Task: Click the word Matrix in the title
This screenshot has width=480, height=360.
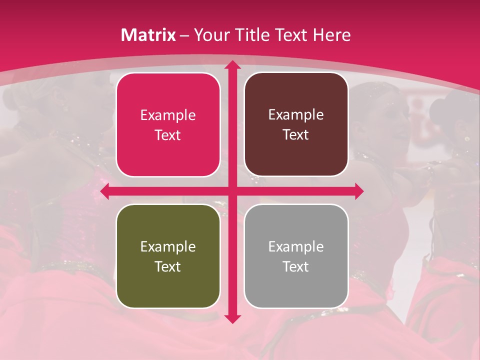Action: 148,35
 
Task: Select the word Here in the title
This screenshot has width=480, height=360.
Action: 331,35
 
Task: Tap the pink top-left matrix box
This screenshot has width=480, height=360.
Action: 168,124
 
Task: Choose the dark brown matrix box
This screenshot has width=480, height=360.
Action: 296,124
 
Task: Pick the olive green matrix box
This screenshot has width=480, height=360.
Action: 168,256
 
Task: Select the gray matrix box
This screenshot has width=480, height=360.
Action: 296,256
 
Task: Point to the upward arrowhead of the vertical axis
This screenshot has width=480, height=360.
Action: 232,65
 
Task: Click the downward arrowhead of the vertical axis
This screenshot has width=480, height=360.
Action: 232,318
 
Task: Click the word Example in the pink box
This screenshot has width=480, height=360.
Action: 168,115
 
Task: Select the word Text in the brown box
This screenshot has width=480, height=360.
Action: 296,135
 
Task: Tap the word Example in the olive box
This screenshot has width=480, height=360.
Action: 168,246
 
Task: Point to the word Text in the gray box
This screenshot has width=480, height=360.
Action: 296,266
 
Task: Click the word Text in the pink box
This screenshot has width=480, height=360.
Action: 168,135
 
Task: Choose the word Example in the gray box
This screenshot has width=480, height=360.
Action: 296,246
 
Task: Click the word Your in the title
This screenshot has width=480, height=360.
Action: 210,35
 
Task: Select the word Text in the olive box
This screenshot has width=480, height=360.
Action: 168,266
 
